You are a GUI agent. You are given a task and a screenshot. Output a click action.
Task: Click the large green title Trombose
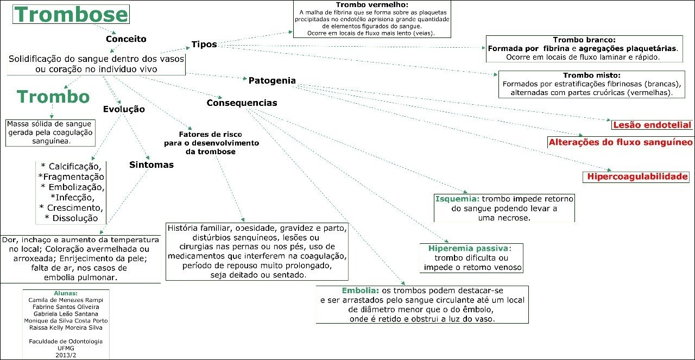[71, 15]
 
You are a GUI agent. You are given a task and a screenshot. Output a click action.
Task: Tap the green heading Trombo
[53, 97]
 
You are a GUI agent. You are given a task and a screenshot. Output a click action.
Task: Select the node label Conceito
[126, 39]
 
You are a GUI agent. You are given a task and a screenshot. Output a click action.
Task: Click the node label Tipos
[204, 44]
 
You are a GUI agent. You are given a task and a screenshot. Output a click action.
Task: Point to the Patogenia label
[272, 80]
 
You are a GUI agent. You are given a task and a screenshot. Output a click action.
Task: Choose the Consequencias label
[242, 103]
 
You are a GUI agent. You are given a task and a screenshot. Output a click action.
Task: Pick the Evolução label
[124, 109]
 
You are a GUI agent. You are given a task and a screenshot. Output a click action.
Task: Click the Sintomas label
[151, 165]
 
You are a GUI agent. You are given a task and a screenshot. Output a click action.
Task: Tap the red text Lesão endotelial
[652, 125]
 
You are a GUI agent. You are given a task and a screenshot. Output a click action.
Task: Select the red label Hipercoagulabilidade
[637, 176]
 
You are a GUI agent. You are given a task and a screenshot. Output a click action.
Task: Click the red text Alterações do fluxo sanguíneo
[621, 142]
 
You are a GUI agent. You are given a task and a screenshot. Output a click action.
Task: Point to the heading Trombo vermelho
[372, 4]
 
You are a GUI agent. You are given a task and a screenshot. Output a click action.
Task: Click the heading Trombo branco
[584, 40]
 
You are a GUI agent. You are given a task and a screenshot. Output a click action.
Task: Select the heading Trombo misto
[591, 75]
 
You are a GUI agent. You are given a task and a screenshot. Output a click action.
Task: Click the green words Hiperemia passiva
[468, 248]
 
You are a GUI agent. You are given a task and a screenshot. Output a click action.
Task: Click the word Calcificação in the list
[74, 167]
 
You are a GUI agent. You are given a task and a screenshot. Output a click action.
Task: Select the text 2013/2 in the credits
[65, 355]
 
